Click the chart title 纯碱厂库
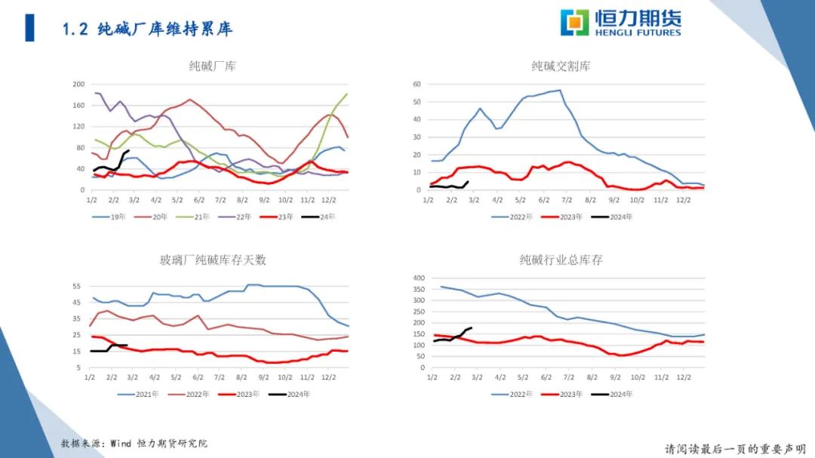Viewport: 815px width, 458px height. pos(212,66)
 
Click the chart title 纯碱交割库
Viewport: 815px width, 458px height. pos(561,66)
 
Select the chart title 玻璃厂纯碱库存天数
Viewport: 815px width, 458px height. pos(212,260)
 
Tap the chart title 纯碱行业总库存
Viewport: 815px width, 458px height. pos(561,260)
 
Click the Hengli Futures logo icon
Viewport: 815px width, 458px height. pos(574,23)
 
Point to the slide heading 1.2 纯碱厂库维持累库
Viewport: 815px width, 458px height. pos(147,29)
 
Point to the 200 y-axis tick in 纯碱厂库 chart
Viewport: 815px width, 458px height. pos(78,85)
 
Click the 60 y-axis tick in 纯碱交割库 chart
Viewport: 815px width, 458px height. pos(416,84)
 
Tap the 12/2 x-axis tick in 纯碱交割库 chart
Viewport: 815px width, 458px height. pos(683,200)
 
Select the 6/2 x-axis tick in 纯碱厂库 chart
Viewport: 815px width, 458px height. pos(199,200)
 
